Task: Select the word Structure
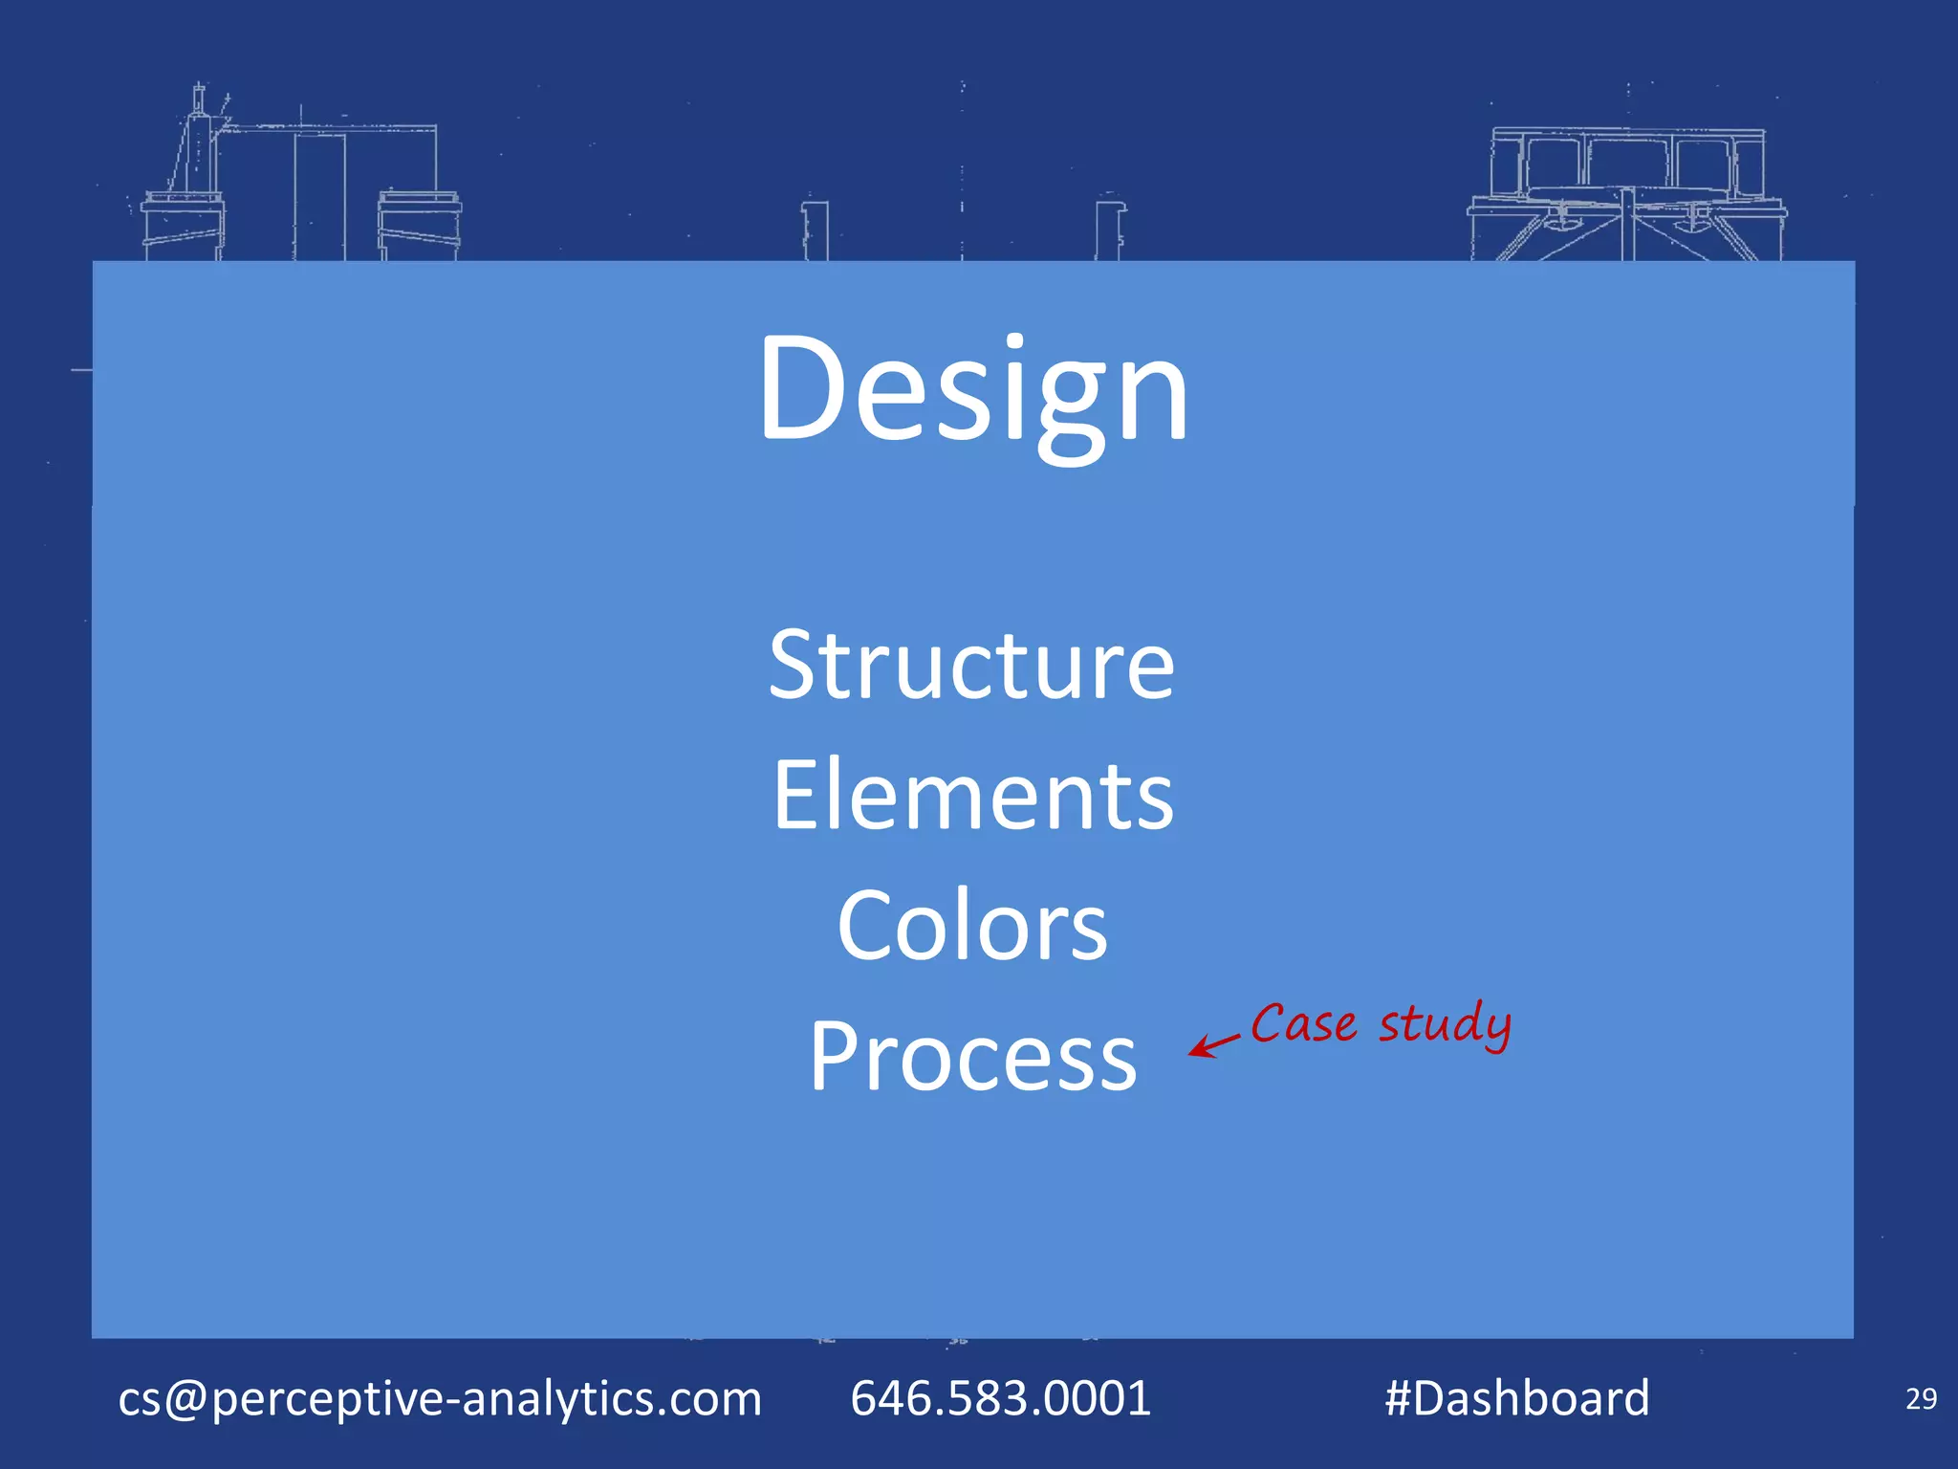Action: point(971,666)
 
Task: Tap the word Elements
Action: point(973,796)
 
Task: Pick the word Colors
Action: point(972,926)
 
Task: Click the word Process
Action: point(973,1056)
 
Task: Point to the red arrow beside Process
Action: point(1212,1044)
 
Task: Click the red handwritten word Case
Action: point(1303,1024)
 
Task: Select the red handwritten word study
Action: point(1445,1024)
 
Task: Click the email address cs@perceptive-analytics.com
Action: point(440,1398)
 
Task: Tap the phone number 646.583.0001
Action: point(1000,1398)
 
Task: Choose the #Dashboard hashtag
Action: point(1517,1398)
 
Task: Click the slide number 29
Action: point(1921,1399)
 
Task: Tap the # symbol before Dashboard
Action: point(1399,1398)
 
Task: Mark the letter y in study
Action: point(1496,1031)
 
